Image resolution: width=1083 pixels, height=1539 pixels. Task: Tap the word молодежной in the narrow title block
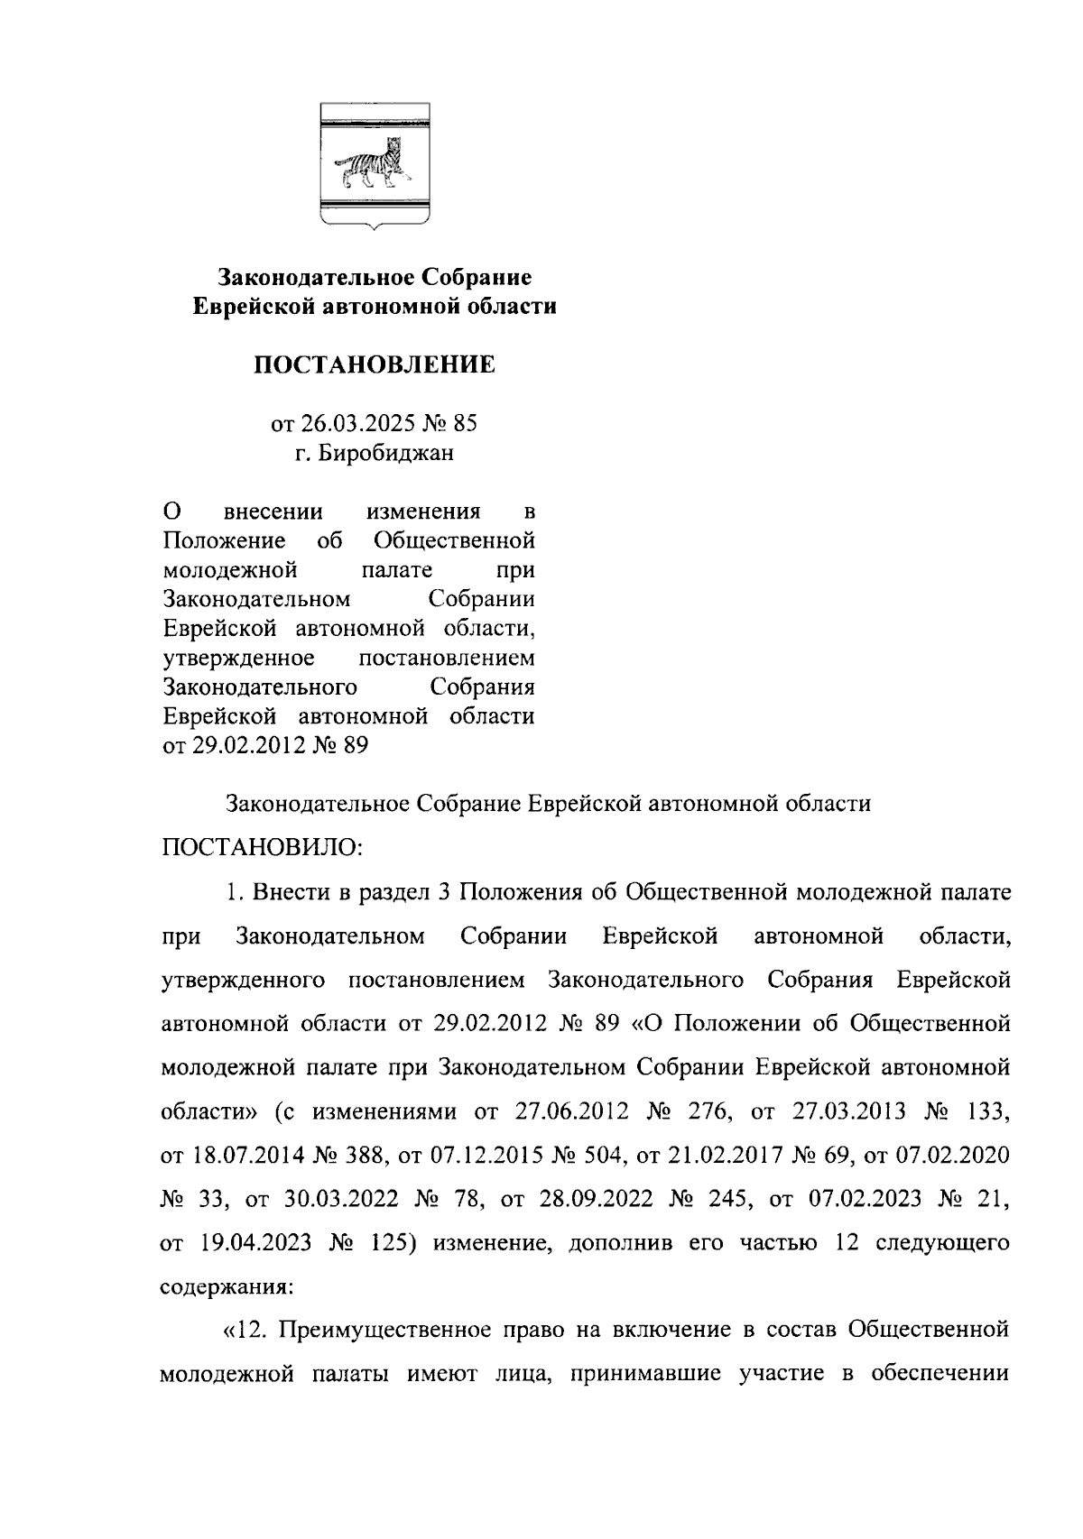[230, 570]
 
